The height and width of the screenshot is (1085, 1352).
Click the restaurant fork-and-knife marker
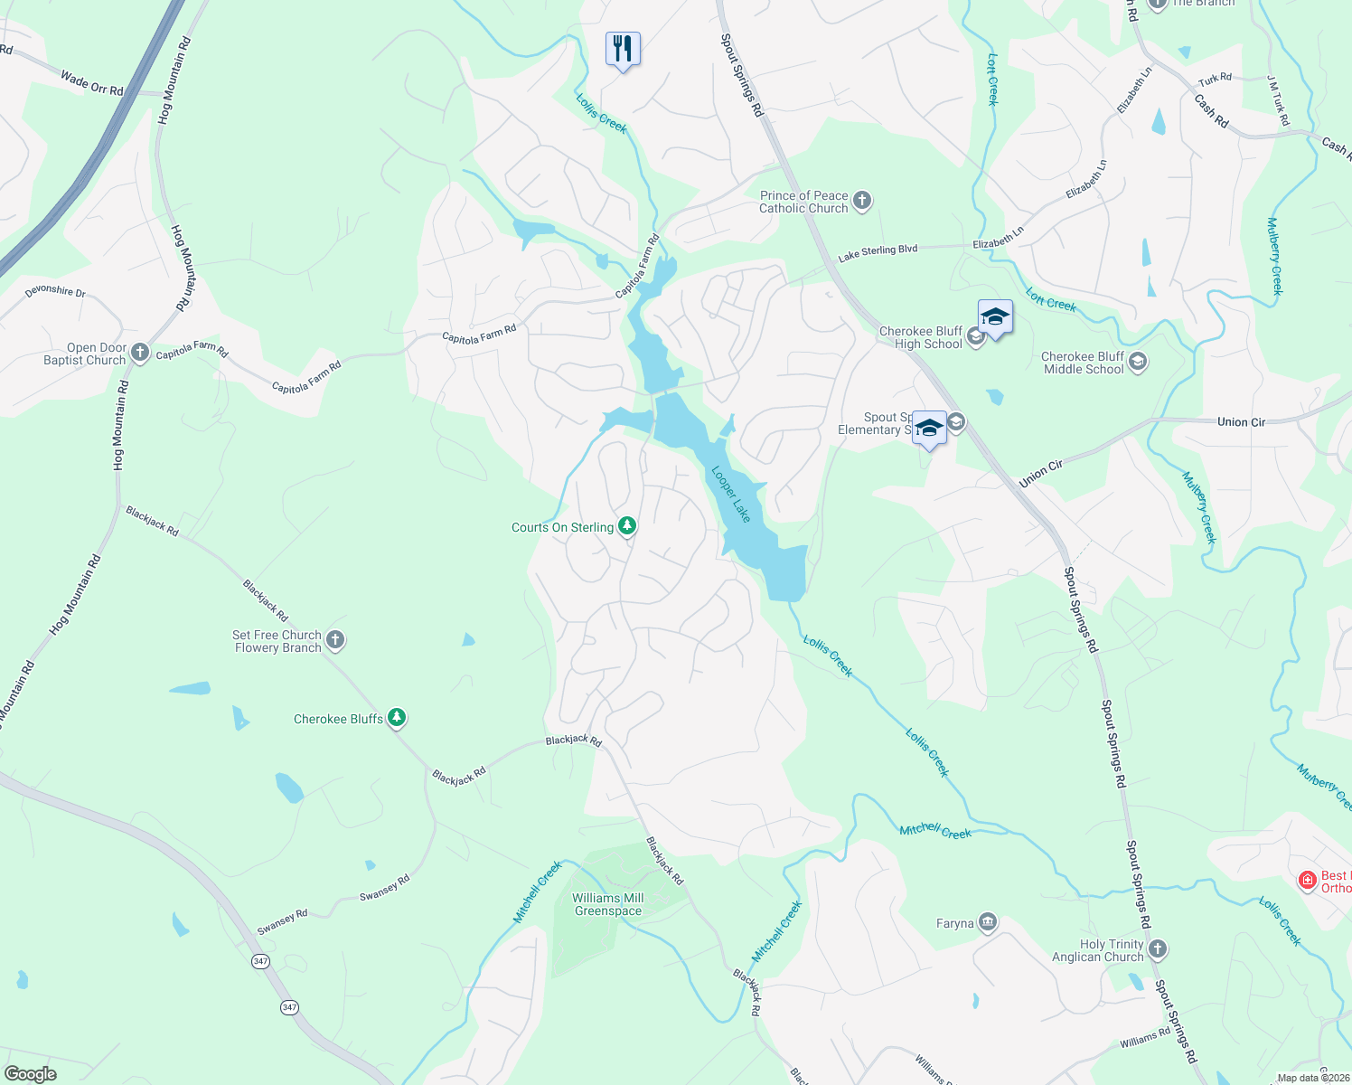pos(623,48)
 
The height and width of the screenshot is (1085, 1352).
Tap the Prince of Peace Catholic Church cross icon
pos(862,201)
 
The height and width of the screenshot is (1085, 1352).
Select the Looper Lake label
pos(731,494)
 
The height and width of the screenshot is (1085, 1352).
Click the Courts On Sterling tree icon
pos(626,526)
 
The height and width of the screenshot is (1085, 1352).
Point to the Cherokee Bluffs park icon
pos(396,718)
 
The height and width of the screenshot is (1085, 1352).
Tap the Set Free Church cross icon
pos(335,641)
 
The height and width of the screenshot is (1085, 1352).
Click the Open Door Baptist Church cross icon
pos(139,353)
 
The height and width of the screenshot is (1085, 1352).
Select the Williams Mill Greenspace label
pos(608,904)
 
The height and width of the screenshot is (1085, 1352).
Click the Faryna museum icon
pos(987,922)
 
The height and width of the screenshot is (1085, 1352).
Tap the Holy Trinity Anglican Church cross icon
pos(1158,949)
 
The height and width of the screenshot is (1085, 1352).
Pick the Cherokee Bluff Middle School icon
pos(1138,363)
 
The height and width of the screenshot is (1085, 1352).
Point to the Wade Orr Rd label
pos(91,83)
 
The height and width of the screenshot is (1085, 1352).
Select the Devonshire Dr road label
pos(55,291)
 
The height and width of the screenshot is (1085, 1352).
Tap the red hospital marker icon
pos(1307,880)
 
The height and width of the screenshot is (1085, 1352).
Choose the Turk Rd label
pos(1215,79)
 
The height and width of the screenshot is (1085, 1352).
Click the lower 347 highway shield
pos(289,1007)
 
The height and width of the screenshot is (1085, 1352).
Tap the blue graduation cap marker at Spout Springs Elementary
pos(929,428)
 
